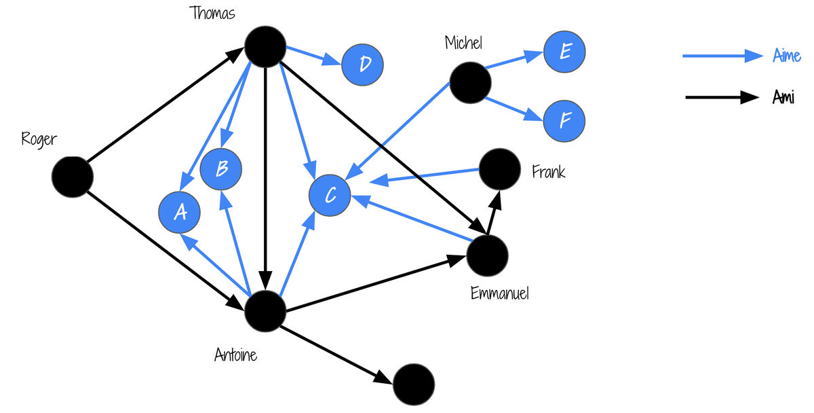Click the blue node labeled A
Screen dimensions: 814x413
179,212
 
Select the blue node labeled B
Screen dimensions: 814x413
221,169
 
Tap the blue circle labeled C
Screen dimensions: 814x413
330,196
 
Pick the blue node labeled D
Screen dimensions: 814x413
362,65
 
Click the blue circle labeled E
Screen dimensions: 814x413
564,52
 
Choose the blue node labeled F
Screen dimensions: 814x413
564,121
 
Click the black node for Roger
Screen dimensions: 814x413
73,177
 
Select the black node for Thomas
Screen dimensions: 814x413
265,47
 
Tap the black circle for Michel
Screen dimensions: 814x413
470,83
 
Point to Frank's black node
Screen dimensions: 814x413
500,169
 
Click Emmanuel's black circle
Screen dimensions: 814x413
487,255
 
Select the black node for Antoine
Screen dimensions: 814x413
265,311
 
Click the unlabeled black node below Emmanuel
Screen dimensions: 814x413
414,384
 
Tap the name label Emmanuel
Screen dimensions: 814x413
500,293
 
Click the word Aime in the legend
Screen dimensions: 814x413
786,55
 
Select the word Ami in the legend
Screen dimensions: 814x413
783,97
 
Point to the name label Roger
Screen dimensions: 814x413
39,140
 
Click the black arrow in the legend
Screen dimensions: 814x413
722,97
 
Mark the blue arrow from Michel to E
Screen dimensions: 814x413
514,60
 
